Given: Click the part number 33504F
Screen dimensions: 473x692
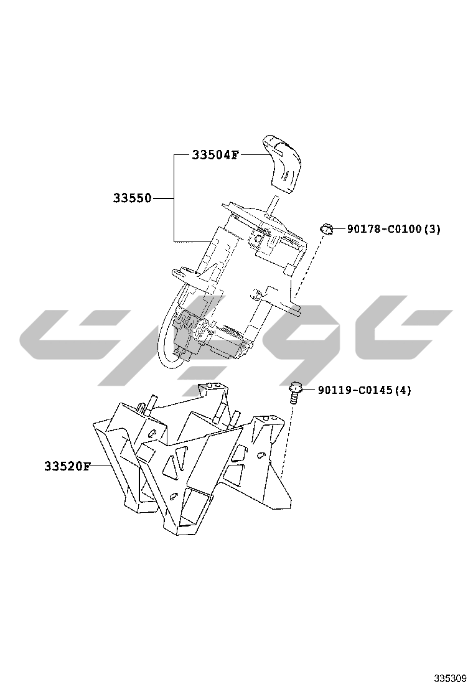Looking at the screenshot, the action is coord(215,155).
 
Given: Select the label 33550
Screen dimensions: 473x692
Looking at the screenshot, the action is coord(132,198).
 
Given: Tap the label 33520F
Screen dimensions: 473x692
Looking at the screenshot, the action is coord(67,466).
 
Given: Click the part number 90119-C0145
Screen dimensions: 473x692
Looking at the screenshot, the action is coord(354,390).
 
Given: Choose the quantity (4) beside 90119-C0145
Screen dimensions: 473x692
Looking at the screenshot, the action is coord(403,390).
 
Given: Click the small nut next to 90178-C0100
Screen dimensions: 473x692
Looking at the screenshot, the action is coord(325,228).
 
